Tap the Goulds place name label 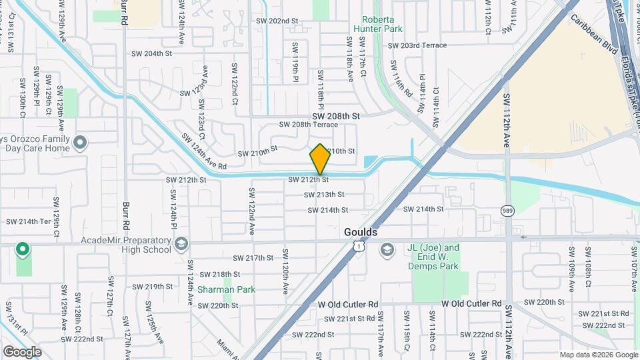tap(361, 232)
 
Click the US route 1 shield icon tap(359, 247)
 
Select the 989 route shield tap(507, 211)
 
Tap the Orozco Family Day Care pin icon tap(81, 143)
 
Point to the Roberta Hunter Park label tap(383, 25)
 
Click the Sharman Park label tap(226, 289)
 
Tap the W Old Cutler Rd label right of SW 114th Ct tap(471, 303)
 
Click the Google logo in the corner tap(22, 351)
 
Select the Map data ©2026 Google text tap(598, 355)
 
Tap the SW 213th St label tap(324, 195)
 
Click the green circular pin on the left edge tap(23, 250)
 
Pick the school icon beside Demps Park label tap(387, 250)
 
